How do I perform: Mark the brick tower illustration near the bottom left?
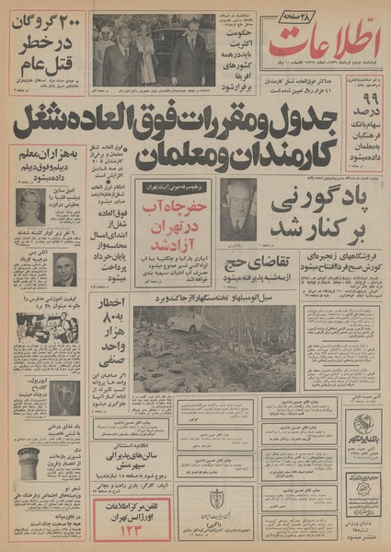coord(30,462)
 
